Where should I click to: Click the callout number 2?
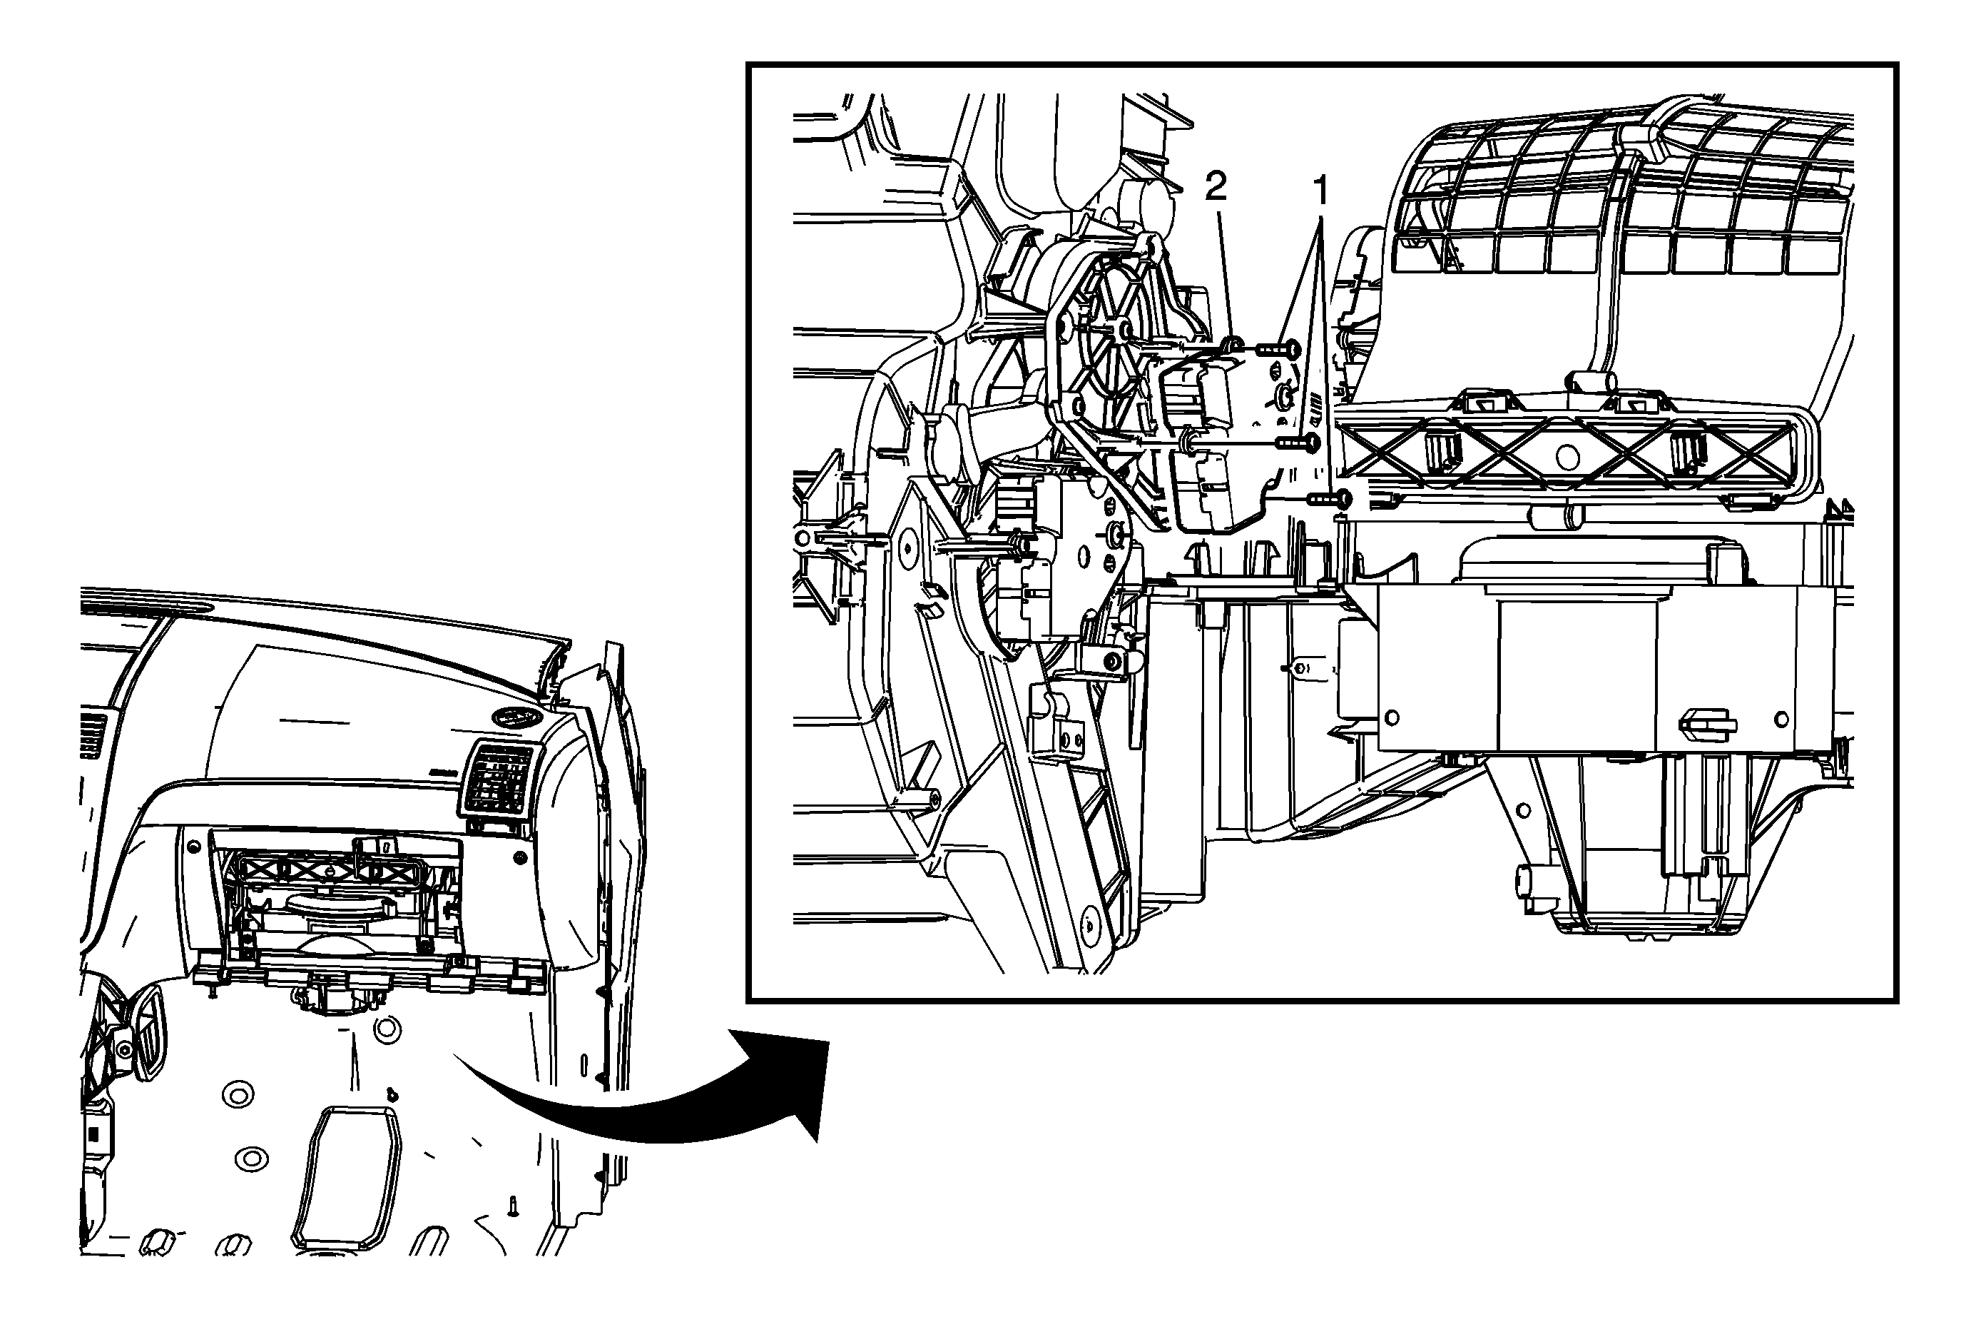(1215, 186)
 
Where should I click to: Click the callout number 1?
(1319, 191)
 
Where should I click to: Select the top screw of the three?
(1278, 347)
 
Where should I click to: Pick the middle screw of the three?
(1298, 442)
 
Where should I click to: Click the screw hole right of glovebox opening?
(518, 858)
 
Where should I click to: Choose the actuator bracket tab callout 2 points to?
(1232, 343)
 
